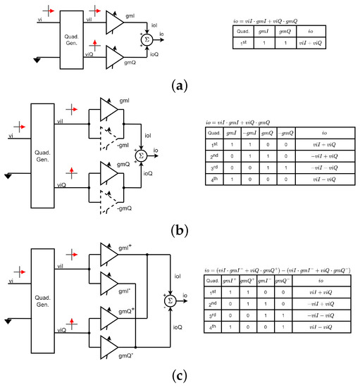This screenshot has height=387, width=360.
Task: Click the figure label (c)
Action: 180,374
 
